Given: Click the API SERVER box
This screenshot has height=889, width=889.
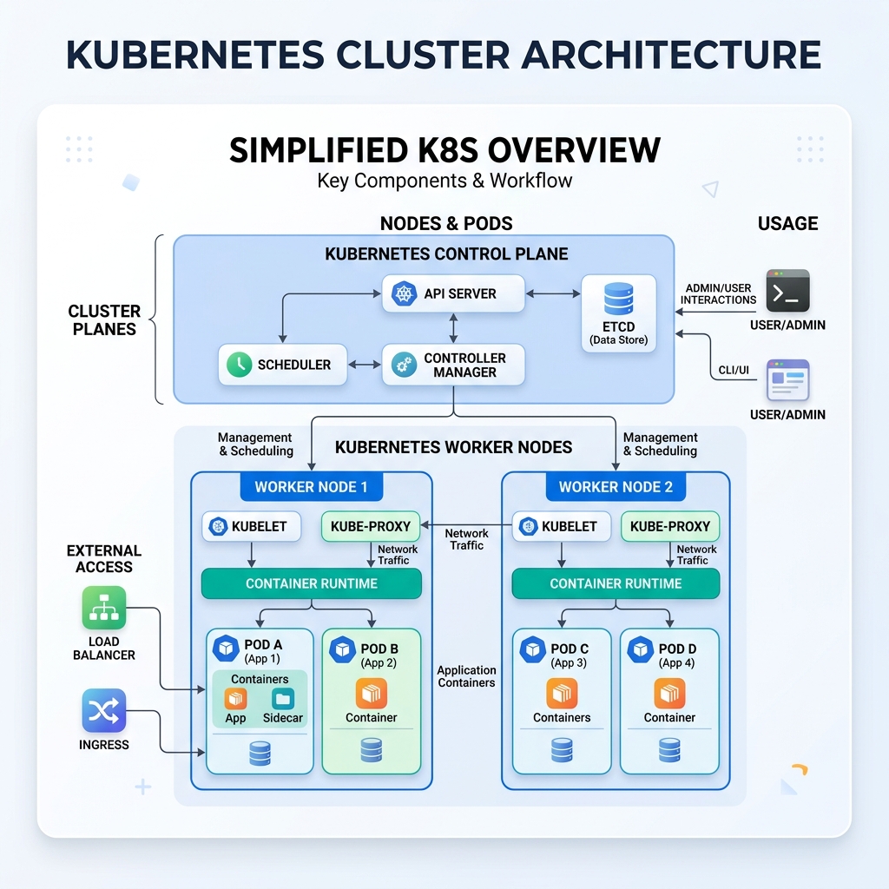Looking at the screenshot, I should click(453, 293).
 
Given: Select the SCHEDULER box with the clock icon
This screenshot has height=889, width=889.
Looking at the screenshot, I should click(281, 365).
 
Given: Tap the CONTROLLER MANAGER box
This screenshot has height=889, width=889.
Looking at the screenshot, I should click(453, 365).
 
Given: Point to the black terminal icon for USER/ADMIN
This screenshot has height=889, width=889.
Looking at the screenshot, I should click(787, 291).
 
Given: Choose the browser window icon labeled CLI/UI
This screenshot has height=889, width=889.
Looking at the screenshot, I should click(787, 380).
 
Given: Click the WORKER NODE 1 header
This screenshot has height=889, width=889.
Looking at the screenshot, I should click(311, 487).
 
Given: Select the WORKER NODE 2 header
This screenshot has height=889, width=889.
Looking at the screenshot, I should click(616, 487).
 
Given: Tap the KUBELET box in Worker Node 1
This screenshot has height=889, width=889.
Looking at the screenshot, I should click(251, 526).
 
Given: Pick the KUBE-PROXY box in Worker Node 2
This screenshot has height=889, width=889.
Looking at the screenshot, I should click(670, 526).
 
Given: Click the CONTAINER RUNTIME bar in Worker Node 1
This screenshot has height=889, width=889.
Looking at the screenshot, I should click(311, 583).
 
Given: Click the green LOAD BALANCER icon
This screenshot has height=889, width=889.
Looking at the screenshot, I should click(104, 608).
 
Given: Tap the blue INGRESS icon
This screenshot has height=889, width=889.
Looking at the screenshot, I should click(104, 711).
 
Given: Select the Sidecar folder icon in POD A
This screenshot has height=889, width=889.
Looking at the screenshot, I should click(283, 698).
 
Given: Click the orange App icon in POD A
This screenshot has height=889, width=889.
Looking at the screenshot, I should click(235, 698).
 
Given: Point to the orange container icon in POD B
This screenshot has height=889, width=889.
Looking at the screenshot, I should click(372, 693).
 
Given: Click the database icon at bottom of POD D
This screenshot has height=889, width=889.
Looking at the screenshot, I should click(669, 750).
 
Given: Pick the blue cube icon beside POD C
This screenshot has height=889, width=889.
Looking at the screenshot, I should click(532, 649).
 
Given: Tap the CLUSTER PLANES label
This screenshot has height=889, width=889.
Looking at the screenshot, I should click(104, 319).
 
